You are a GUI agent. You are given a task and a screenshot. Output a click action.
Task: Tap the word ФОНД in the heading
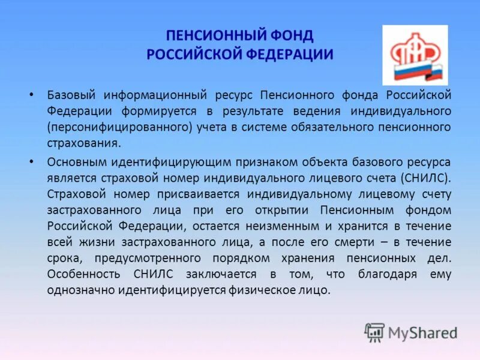pyautogui.click(x=293, y=36)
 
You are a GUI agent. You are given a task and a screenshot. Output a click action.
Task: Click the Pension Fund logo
pyautogui.click(x=415, y=55)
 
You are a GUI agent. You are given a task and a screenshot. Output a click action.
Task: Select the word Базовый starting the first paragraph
pyautogui.click(x=69, y=95)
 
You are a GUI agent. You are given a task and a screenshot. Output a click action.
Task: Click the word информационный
pyautogui.click(x=155, y=95)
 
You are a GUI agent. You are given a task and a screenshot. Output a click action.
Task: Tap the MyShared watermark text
pyautogui.click(x=422, y=332)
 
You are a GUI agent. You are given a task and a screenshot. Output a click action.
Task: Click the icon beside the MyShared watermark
pyautogui.click(x=374, y=332)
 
